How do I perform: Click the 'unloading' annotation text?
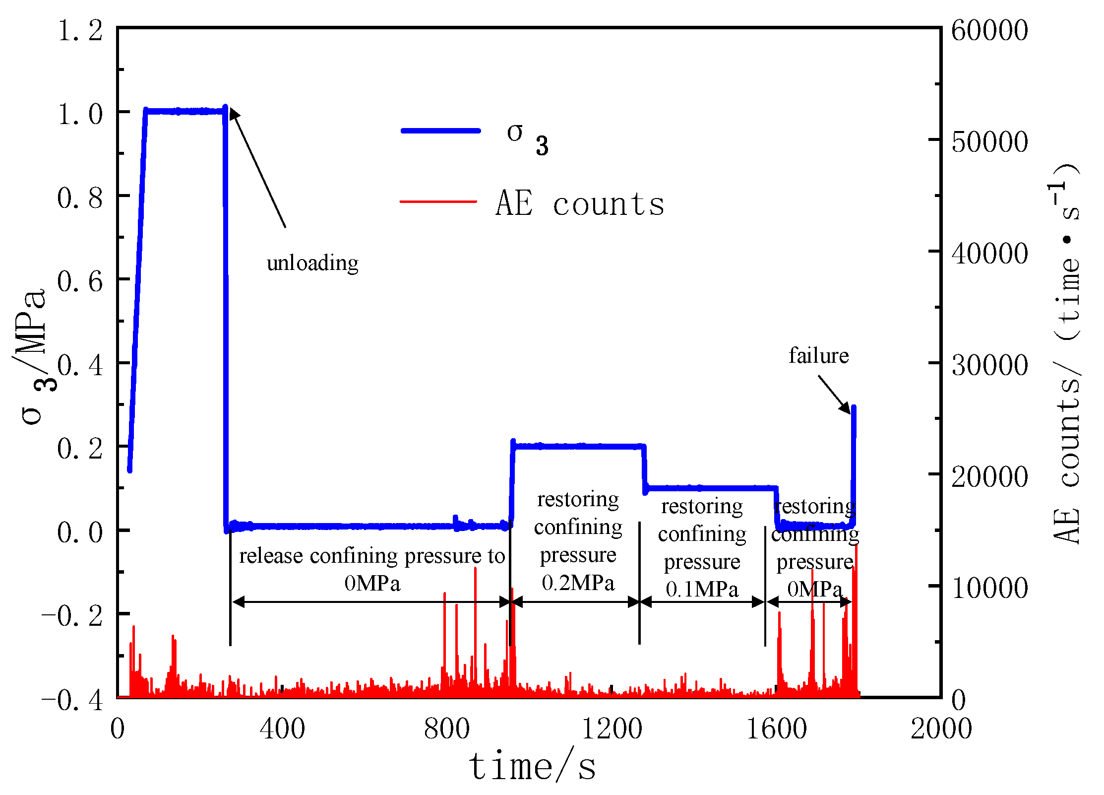[312, 263]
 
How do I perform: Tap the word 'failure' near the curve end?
[818, 356]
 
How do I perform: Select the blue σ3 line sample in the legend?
[440, 131]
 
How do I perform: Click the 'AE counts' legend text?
[580, 203]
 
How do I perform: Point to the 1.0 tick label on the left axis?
[80, 114]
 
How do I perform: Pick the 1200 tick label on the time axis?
[611, 729]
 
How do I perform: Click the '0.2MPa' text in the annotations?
[578, 583]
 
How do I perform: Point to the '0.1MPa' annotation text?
[702, 590]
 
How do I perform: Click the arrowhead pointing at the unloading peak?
[234, 114]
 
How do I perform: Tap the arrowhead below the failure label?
[845, 408]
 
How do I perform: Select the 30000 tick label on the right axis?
[989, 365]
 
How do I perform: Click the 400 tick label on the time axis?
[282, 729]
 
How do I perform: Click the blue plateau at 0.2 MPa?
[578, 446]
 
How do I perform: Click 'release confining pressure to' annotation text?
[372, 556]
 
